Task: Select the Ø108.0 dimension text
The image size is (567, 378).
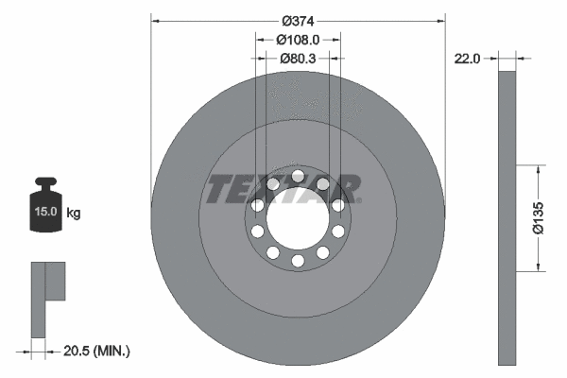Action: point(298,40)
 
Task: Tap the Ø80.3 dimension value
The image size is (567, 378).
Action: point(298,59)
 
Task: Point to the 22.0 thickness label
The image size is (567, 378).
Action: point(468,59)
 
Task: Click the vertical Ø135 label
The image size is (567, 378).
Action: point(538,217)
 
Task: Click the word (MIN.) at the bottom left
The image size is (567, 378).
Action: point(112,352)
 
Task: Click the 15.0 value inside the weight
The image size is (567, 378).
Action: point(43,213)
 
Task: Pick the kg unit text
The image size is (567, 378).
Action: point(74,214)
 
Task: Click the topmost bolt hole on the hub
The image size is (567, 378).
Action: point(298,176)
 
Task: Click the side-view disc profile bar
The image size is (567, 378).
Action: point(507,217)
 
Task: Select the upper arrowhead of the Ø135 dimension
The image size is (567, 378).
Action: point(539,171)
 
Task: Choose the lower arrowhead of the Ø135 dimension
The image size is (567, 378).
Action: point(539,267)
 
